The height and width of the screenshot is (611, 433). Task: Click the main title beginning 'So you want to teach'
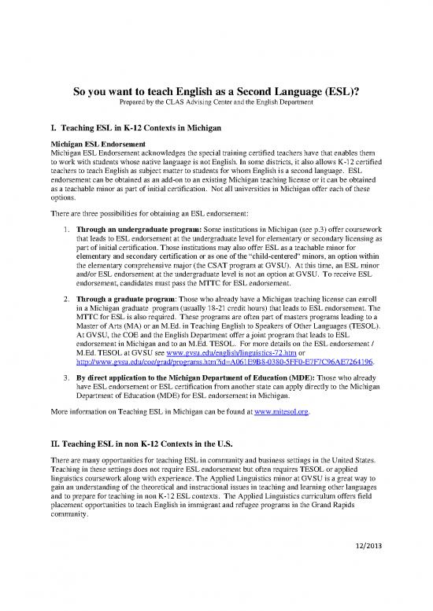point(216,91)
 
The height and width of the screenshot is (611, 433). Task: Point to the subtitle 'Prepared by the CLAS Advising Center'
point(216,104)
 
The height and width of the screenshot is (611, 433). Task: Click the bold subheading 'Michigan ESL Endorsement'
point(96,145)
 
